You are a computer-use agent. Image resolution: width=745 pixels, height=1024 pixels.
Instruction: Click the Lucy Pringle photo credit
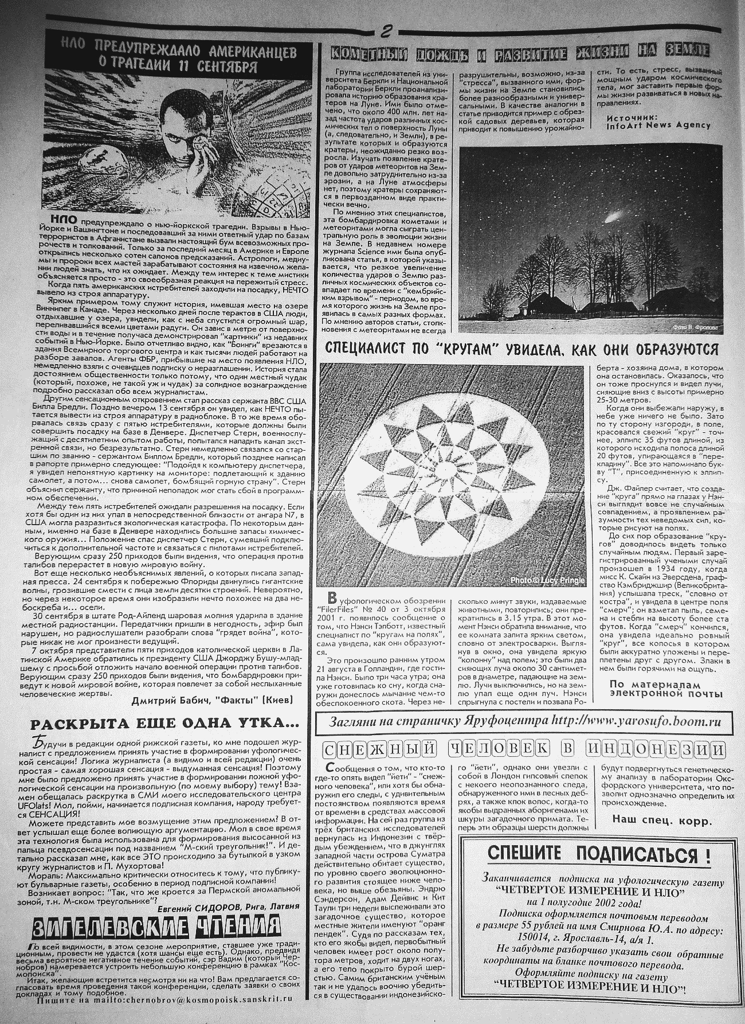pos(547,581)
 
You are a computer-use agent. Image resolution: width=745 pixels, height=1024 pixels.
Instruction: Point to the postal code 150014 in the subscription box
pos(502,940)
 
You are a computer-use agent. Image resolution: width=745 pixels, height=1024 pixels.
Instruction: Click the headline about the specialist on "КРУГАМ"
pos(522,349)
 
